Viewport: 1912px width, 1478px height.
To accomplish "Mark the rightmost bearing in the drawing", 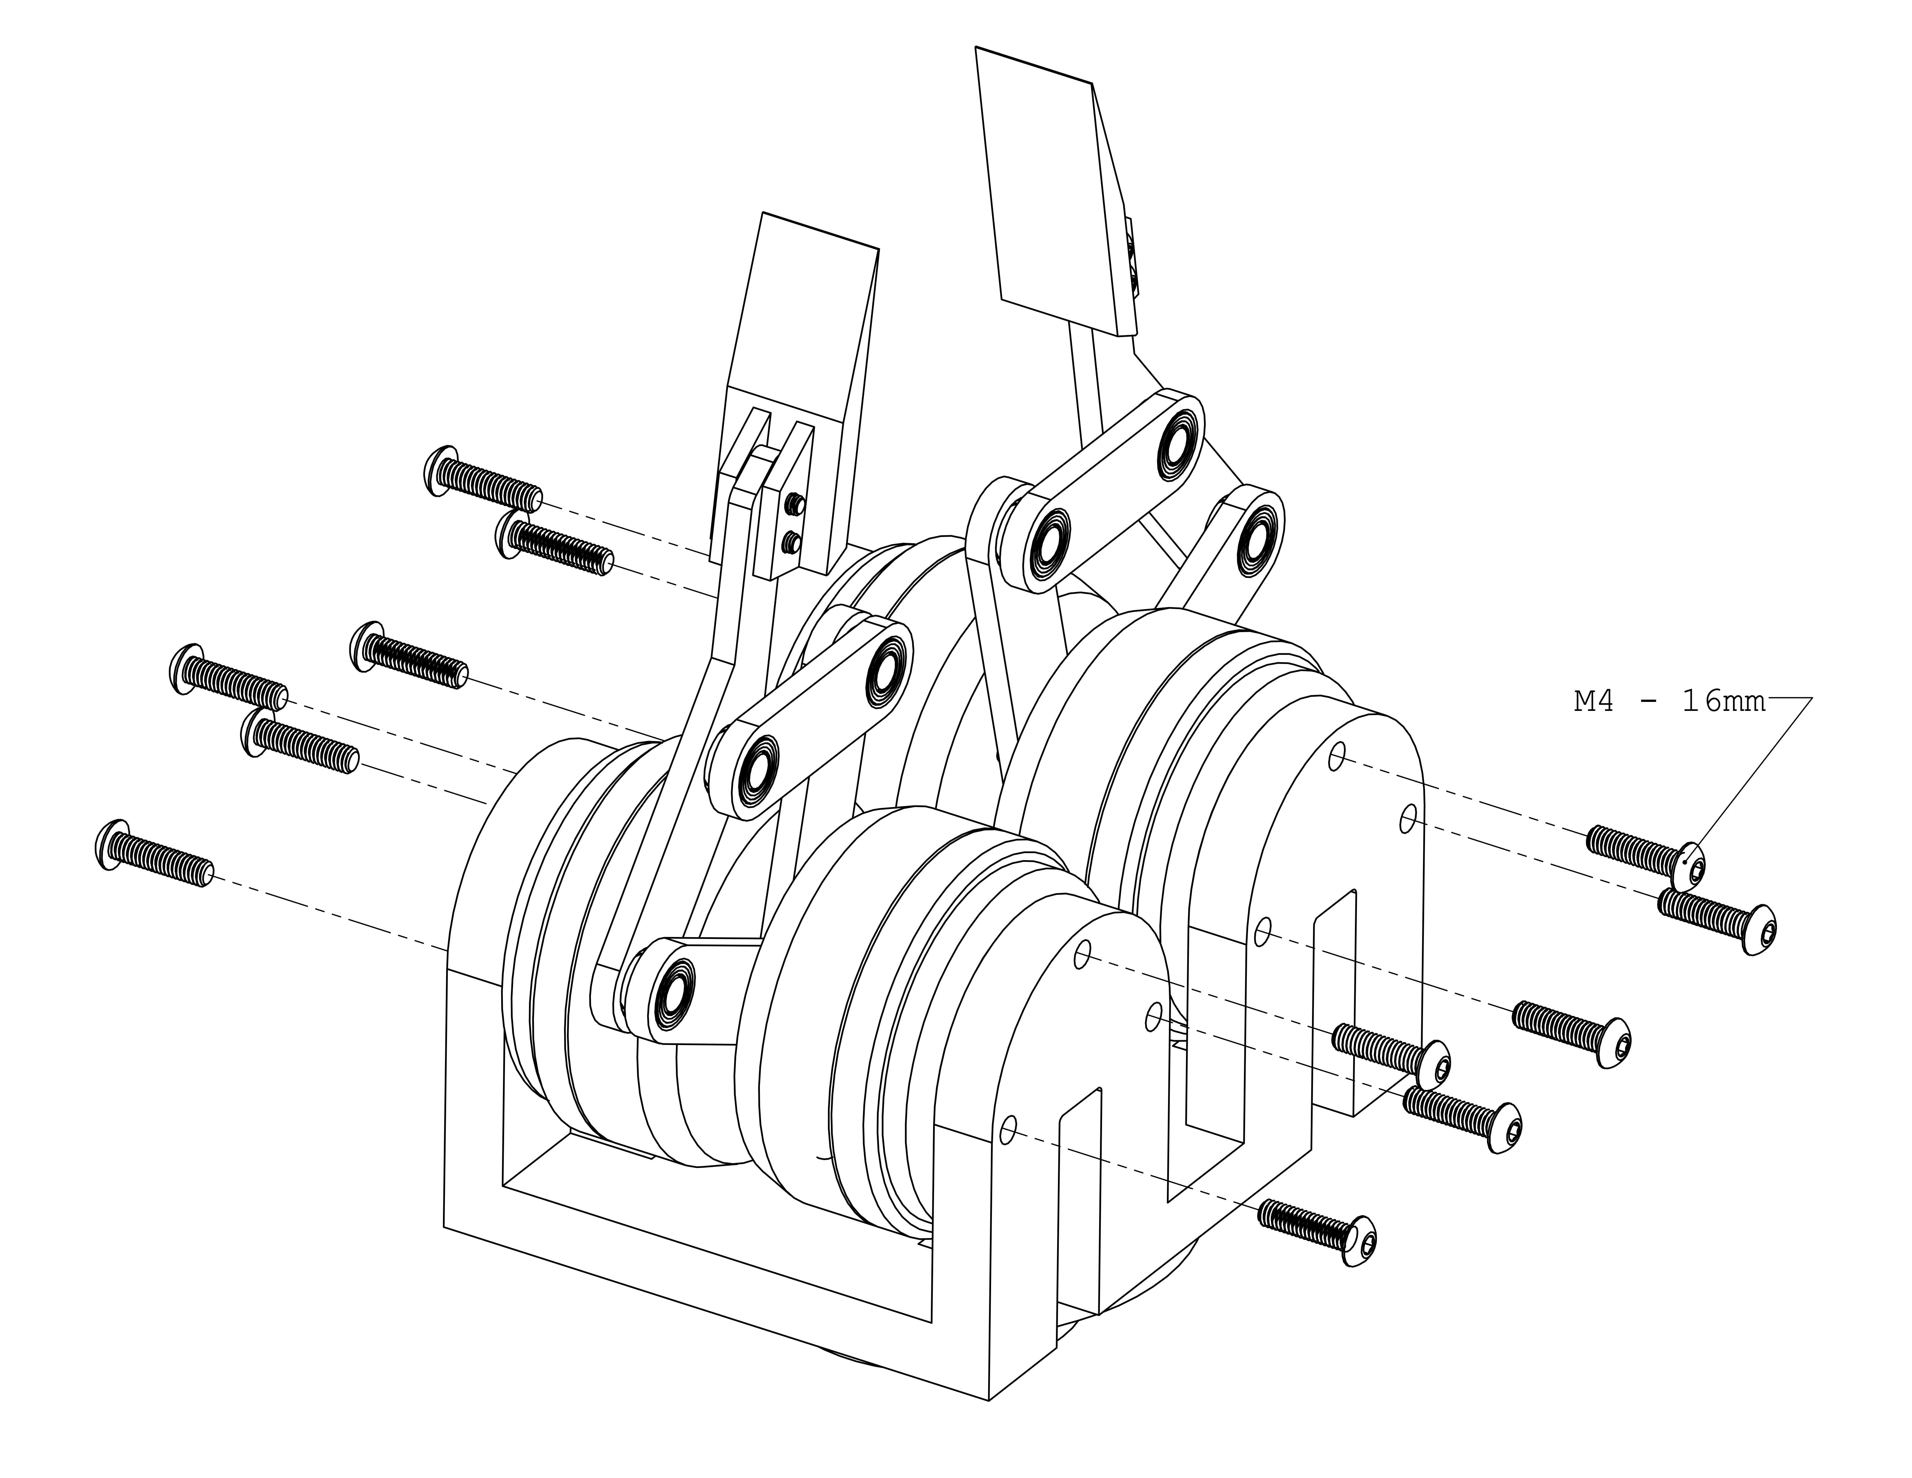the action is click(1258, 539).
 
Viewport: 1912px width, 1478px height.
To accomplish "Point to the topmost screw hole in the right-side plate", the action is click(1337, 756).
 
